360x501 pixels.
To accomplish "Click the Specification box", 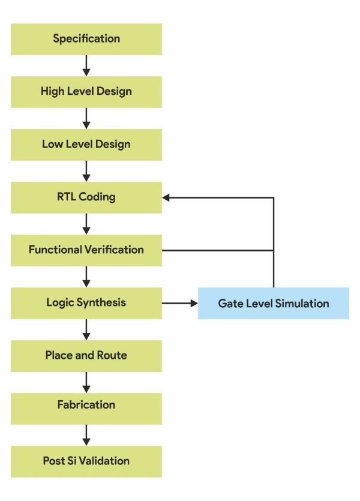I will click(86, 39).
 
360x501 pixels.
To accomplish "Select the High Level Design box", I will click(86, 92).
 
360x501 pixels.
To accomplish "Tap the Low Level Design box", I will click(86, 145).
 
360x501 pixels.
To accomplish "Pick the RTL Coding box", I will click(86, 197).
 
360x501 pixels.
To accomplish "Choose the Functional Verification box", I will click(86, 250).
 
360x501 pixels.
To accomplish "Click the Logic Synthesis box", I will click(86, 302).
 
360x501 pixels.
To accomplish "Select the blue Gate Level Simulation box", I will click(274, 303).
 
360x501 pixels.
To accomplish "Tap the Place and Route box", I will click(86, 355).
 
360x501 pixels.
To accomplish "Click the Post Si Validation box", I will click(86, 461).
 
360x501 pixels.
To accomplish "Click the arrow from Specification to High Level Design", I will click(86, 65).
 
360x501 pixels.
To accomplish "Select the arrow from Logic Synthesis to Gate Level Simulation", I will click(180, 303).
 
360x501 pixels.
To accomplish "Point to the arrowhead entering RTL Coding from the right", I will click(166, 197).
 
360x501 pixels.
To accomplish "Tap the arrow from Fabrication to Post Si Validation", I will click(86, 434).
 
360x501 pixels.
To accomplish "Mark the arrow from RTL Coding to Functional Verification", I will click(86, 224).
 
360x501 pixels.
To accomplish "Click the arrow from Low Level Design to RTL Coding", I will click(86, 171).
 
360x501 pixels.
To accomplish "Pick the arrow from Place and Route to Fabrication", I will click(86, 382).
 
